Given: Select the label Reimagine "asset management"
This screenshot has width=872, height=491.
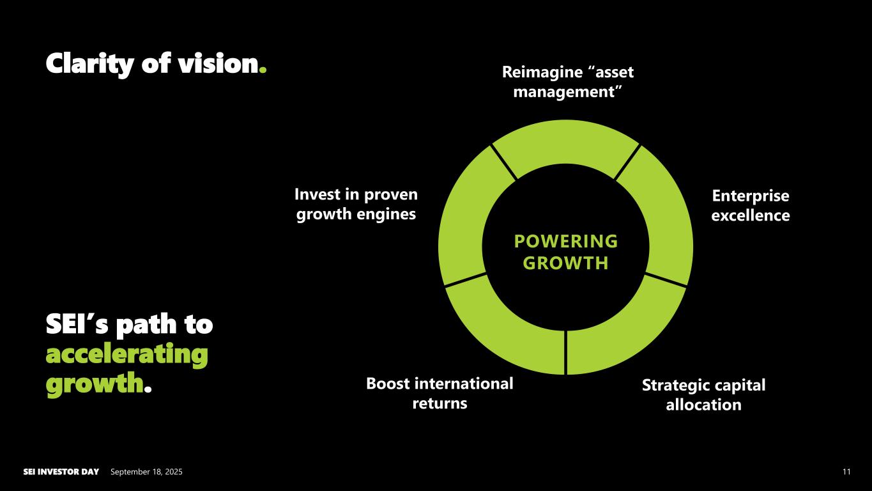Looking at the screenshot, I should (567, 82).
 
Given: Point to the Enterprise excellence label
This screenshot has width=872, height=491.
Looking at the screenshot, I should (750, 205).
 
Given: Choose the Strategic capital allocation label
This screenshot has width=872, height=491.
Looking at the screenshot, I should (703, 394).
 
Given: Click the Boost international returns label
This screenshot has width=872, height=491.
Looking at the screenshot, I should (440, 393).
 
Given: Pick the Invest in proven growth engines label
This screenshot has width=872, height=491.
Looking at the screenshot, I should (356, 204).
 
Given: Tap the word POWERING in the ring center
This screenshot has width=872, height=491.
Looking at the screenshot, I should (565, 241).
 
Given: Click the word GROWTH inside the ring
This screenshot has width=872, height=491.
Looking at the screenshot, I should (565, 263).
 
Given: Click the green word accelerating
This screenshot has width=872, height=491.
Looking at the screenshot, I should (126, 354).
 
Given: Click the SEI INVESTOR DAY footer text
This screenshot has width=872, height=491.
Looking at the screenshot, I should (61, 472).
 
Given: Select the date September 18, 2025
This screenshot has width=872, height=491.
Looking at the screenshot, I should (146, 472).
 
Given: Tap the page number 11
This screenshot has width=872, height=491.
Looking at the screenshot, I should (846, 472).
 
